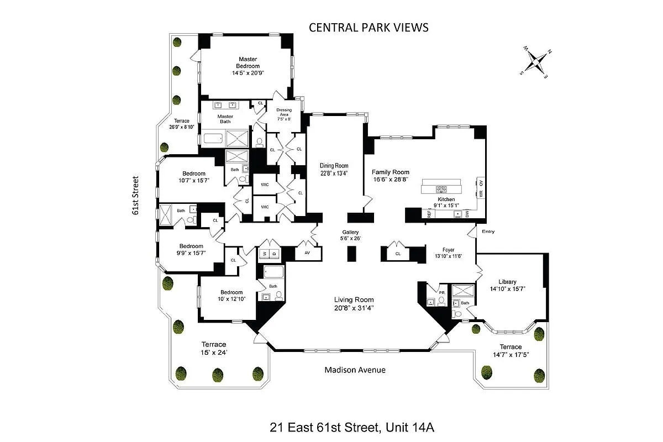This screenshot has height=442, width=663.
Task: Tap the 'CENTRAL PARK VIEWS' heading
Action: coord(369,28)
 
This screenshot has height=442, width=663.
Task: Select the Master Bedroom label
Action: coord(248,62)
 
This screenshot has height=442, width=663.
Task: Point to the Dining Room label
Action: coord(334,165)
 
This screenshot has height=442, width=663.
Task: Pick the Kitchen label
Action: coord(446,199)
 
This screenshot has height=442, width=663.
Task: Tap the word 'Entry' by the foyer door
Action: coord(488,231)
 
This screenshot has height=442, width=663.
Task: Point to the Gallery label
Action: coord(350,232)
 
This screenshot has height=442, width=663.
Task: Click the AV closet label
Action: coord(307,252)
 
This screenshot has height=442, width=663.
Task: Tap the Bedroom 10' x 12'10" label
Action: coord(231,292)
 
